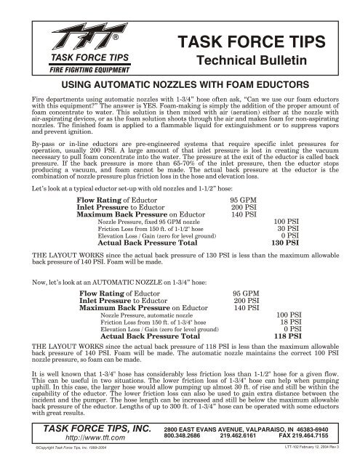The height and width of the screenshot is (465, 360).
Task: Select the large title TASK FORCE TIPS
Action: click(x=256, y=42)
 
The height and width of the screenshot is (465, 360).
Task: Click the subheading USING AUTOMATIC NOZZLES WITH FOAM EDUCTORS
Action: click(x=180, y=85)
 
